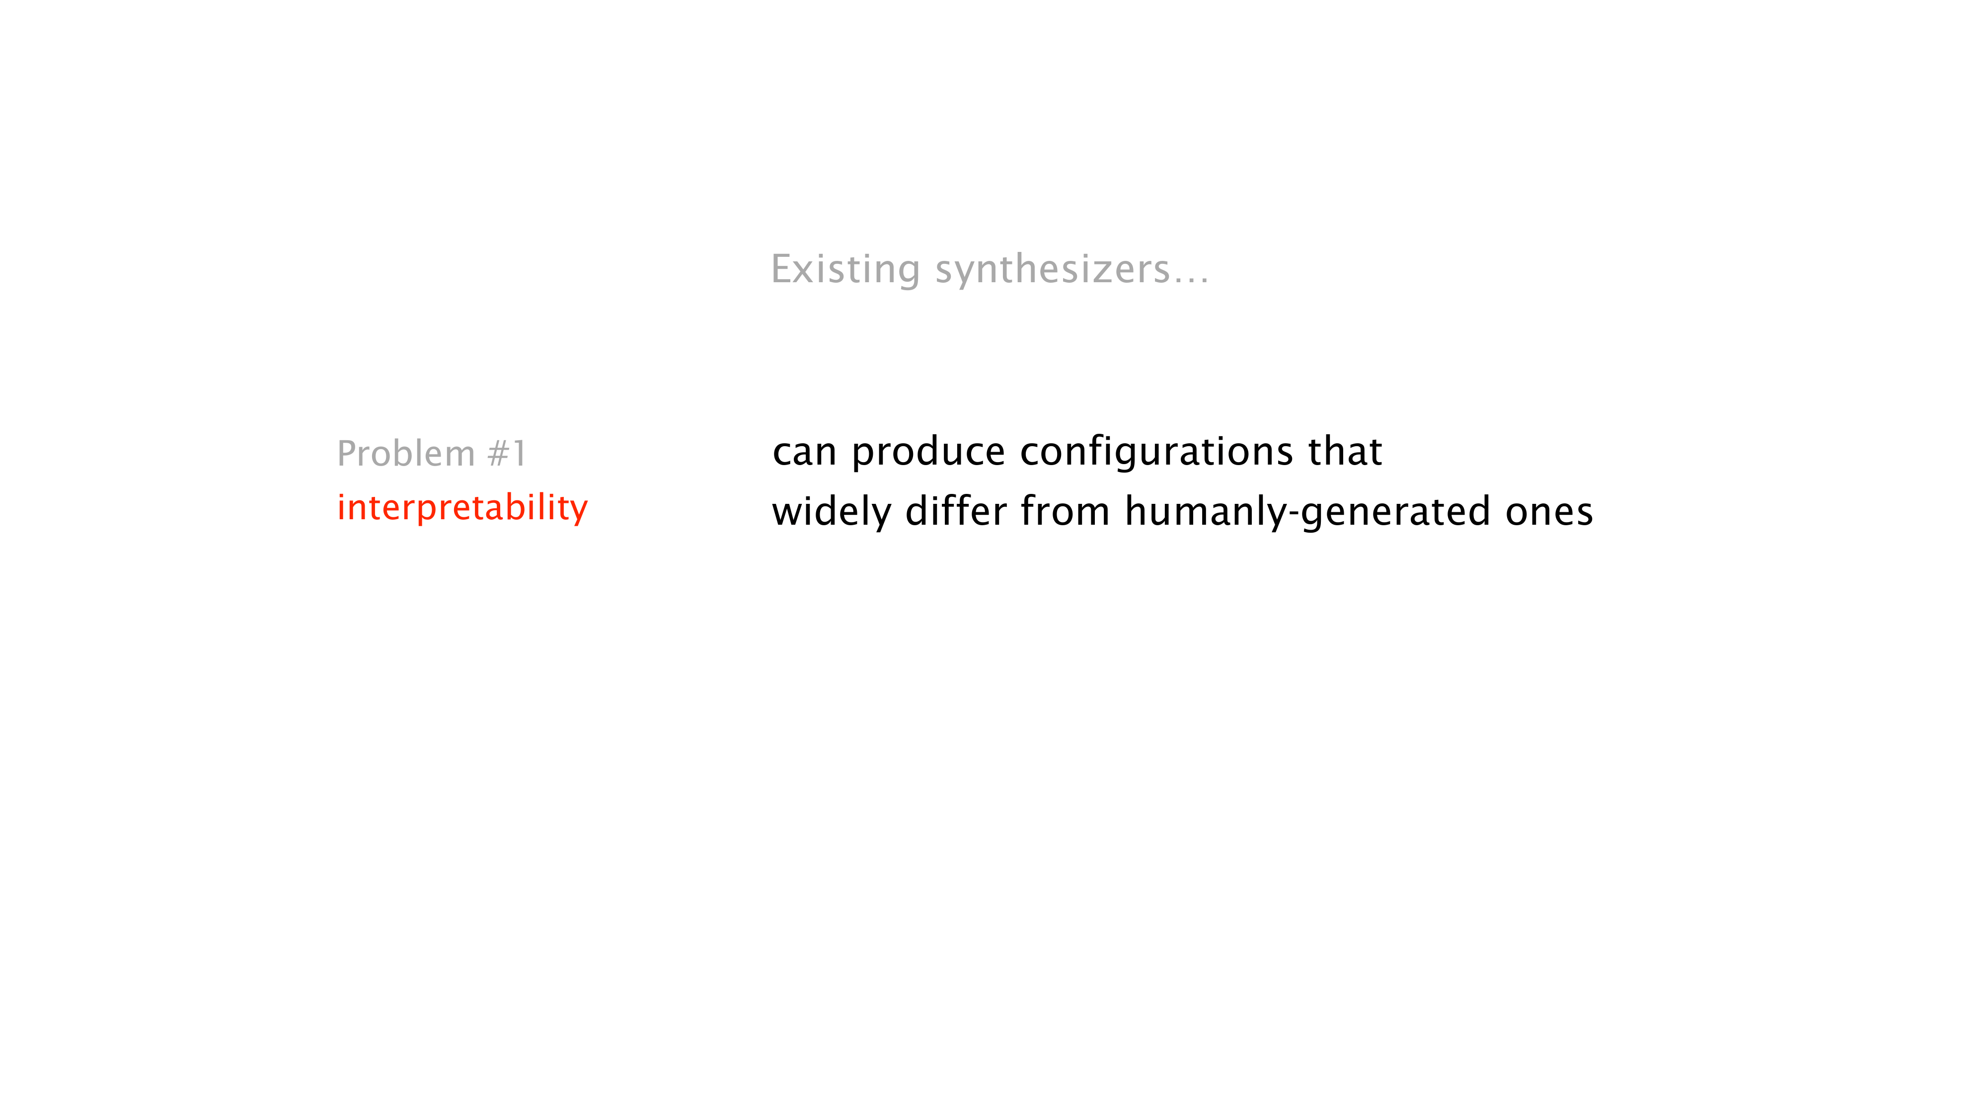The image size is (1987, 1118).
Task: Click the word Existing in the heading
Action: pos(846,270)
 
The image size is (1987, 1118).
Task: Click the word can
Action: pos(805,453)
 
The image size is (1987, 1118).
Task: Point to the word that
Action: pos(1345,451)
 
